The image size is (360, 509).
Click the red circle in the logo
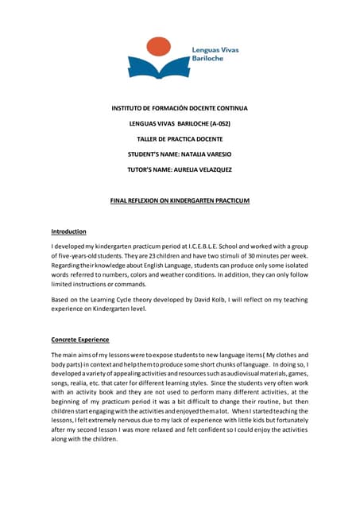point(160,46)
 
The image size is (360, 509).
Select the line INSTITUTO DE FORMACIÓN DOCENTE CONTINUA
point(180,107)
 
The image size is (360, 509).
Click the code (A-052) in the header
point(219,124)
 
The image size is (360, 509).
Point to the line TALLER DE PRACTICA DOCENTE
point(180,138)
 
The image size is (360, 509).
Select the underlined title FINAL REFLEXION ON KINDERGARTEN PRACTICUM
point(180,201)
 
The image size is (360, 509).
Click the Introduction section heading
point(68,231)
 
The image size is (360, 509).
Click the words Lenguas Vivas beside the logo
point(215,49)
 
